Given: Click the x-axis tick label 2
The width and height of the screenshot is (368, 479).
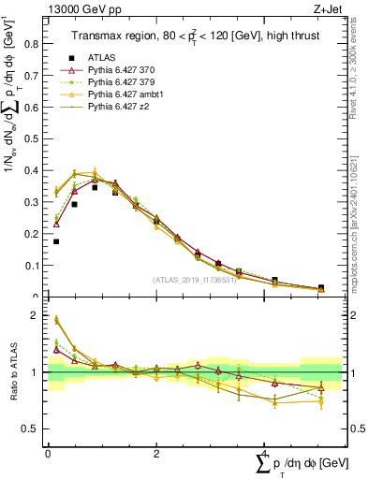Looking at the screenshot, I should click(155, 455).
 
